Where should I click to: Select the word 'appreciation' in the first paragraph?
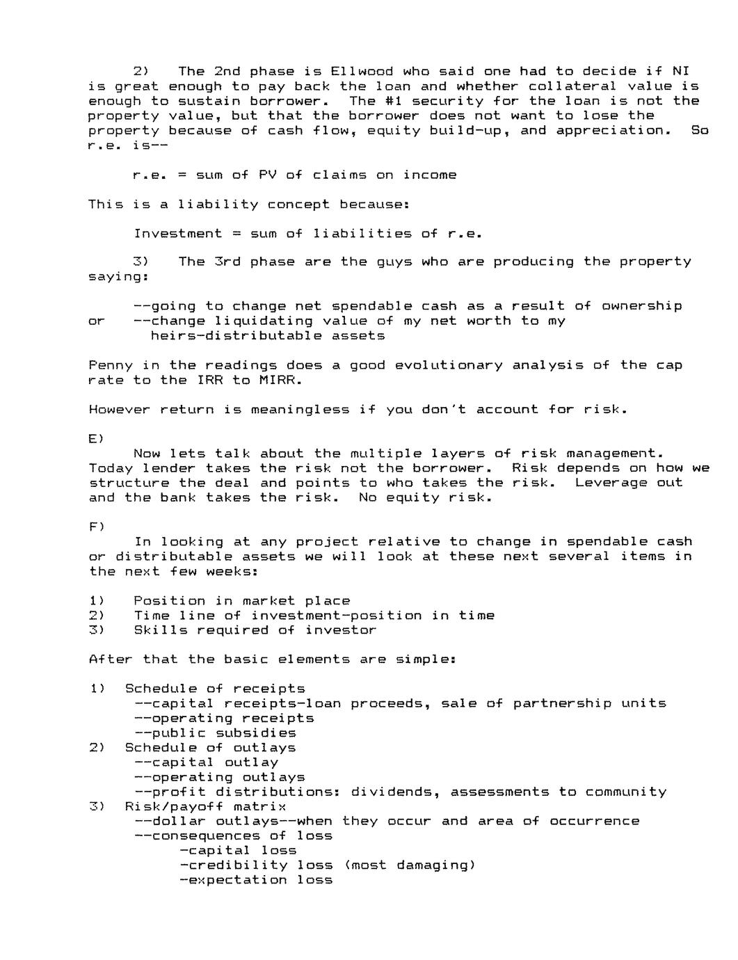[x=610, y=131]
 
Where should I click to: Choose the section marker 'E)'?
[x=96, y=439]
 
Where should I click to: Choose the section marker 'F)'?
[x=96, y=527]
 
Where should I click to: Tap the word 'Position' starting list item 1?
[x=169, y=601]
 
